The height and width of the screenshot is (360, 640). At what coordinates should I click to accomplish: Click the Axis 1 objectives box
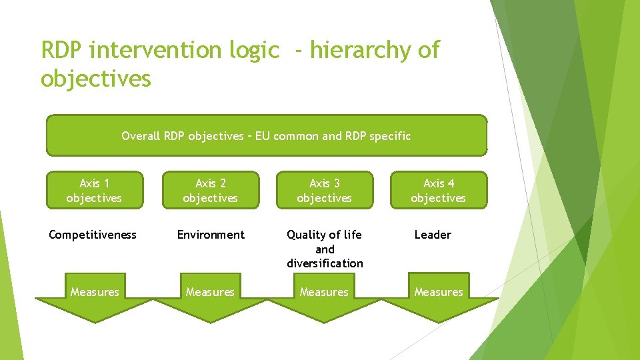click(94, 190)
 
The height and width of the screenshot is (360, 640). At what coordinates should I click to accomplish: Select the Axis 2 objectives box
click(210, 190)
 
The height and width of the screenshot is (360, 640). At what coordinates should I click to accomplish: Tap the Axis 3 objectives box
click(324, 190)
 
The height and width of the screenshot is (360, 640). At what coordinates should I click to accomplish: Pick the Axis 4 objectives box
click(438, 190)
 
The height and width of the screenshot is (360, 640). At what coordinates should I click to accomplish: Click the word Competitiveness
click(93, 235)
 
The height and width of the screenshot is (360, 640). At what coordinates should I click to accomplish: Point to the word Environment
click(211, 235)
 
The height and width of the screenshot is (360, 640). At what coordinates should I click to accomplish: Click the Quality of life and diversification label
click(325, 249)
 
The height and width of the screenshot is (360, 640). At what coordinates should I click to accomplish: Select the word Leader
click(433, 235)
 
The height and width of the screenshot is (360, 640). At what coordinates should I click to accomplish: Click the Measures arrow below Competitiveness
click(94, 296)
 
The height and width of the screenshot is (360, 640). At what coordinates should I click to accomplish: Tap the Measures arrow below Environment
click(210, 296)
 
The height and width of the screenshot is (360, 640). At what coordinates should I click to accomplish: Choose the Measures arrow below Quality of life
click(324, 296)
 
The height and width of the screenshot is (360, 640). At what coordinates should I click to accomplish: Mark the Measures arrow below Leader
click(439, 296)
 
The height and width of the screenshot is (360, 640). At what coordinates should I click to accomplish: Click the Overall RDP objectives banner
click(266, 135)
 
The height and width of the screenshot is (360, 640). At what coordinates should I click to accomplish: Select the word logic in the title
click(254, 50)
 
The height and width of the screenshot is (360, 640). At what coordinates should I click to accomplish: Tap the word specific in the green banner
click(391, 136)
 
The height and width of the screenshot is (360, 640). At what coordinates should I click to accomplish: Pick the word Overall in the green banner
click(141, 136)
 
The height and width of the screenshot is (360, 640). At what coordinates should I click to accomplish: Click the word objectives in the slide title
click(96, 79)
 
